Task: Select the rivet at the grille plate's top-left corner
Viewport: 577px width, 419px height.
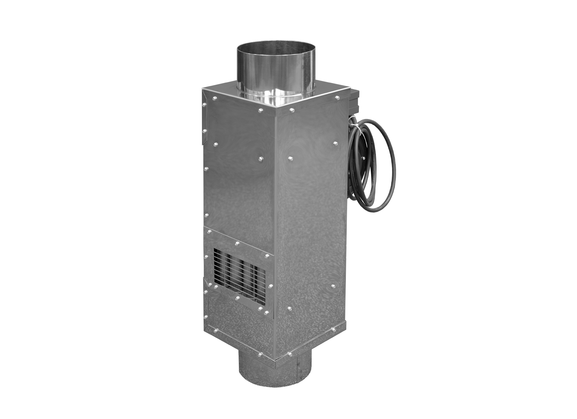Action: coord(209,232)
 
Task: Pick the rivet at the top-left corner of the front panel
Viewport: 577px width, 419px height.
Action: coord(215,98)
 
